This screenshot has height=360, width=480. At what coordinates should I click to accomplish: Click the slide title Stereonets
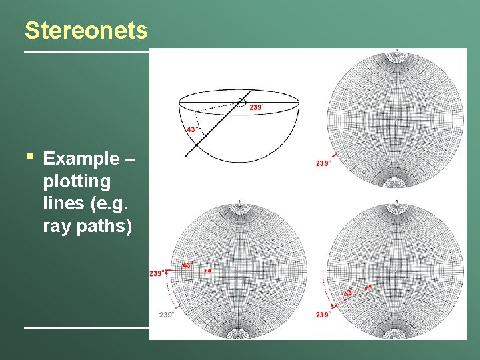(86, 31)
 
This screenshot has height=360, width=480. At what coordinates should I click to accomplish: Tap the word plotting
(77, 181)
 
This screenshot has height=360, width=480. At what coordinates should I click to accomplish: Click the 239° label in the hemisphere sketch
(256, 107)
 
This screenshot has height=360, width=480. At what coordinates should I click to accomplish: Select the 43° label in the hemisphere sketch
(191, 129)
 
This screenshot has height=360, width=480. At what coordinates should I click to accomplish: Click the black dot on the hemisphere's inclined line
(207, 136)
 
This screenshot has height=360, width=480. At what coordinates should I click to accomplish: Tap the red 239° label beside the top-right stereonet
(323, 163)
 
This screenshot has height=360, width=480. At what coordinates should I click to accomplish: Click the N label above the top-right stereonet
(396, 50)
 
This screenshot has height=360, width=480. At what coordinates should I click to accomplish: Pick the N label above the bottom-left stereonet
(239, 201)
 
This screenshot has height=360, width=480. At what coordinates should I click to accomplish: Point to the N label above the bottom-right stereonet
(396, 201)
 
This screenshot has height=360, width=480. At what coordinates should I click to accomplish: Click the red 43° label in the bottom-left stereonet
(187, 265)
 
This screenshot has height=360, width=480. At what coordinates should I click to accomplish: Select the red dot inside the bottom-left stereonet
(209, 271)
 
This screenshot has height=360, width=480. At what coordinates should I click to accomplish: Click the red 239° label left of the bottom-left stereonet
(158, 272)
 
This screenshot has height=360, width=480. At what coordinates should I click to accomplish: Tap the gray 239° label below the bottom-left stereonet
(166, 315)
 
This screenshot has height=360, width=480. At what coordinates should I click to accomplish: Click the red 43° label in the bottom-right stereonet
(348, 293)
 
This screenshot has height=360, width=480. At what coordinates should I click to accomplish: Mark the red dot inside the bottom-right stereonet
(367, 287)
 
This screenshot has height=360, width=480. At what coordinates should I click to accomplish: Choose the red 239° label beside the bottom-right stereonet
(323, 315)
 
